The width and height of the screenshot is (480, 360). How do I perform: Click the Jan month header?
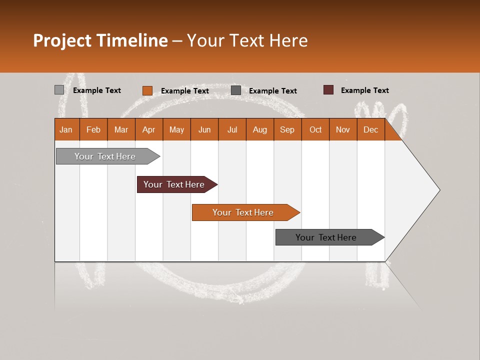pyautogui.click(x=66, y=129)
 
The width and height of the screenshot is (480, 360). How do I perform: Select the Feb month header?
pyautogui.click(x=93, y=129)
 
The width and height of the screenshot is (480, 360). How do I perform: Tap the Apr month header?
pyautogui.click(x=149, y=129)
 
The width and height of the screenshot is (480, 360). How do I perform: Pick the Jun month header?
pyautogui.click(x=204, y=129)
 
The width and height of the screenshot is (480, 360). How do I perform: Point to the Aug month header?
pyautogui.click(x=260, y=129)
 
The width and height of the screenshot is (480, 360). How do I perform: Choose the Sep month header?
pyautogui.click(x=287, y=129)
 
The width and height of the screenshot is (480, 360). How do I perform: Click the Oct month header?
pyautogui.click(x=315, y=129)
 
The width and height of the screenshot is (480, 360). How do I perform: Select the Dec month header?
pyautogui.click(x=371, y=129)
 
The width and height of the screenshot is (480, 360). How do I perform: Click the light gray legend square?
pyautogui.click(x=59, y=90)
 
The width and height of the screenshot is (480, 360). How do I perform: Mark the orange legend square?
pyautogui.click(x=147, y=90)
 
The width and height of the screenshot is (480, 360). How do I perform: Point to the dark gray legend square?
pyautogui.click(x=236, y=90)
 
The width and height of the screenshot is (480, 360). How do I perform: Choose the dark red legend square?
pyautogui.click(x=328, y=90)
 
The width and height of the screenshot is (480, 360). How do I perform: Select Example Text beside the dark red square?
pyautogui.click(x=364, y=90)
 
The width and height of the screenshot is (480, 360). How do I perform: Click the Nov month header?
pyautogui.click(x=343, y=129)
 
